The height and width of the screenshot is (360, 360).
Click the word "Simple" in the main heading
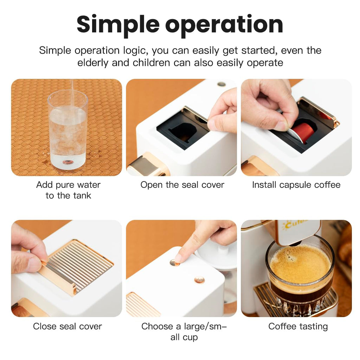point(117,25)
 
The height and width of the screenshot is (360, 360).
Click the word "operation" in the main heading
point(224,25)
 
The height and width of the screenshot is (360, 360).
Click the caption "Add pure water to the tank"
point(68,190)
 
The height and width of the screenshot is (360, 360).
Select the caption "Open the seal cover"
point(182,185)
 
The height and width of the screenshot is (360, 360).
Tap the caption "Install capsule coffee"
point(296,185)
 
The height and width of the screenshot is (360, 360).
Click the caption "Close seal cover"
point(67,326)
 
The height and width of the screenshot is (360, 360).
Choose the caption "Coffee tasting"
point(298,326)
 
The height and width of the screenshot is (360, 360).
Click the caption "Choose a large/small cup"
point(184,332)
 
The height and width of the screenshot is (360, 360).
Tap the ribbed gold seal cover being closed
point(79,267)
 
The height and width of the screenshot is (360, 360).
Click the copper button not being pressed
point(199,280)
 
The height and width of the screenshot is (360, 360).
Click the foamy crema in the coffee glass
point(300,264)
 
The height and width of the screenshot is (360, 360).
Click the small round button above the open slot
point(221,84)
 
